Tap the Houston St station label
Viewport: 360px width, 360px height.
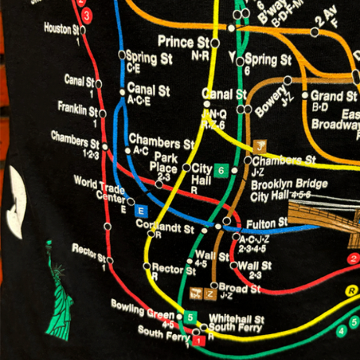(62, 29)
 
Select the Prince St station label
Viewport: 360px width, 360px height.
(184, 42)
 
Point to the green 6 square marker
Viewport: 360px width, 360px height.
(221, 170)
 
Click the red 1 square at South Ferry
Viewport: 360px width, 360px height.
(200, 340)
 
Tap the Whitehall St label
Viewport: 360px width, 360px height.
(236, 319)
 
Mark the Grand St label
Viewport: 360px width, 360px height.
(333, 96)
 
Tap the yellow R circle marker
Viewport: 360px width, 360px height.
(352, 291)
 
